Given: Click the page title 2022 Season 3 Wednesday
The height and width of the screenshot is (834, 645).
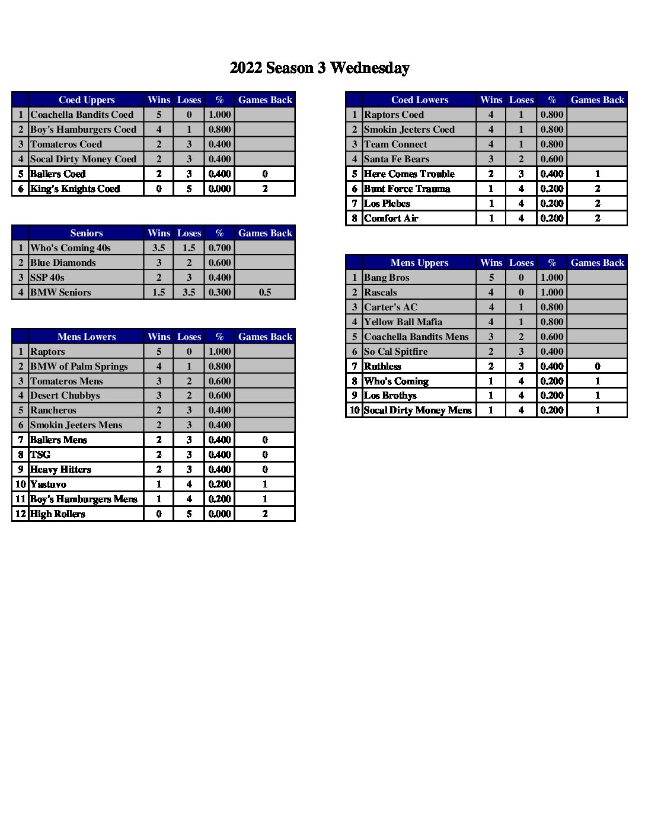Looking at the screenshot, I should coord(320,68).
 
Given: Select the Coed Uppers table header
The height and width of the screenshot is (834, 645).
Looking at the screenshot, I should coord(87,100).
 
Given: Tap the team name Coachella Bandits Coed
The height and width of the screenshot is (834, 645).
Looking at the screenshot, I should coord(82,114).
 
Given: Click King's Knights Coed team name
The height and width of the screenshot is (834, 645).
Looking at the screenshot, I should coord(75,188).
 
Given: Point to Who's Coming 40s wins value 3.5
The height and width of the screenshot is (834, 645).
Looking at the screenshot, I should coord(159,248).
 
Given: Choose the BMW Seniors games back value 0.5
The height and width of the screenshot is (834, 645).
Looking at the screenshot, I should coord(265,292).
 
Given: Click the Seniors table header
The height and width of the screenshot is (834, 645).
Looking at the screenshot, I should coord(87,233).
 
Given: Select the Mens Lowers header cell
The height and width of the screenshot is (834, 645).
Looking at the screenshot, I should coord(87,336).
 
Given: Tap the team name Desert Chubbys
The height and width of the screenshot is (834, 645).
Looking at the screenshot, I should coord(65,395).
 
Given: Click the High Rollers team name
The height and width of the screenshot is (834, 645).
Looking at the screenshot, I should coord(58,514).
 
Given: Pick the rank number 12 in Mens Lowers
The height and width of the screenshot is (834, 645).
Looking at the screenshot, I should coord(21,514).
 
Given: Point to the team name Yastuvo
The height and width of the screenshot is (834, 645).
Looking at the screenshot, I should coord(48,484).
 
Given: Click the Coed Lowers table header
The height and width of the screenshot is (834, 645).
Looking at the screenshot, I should coord(420,100).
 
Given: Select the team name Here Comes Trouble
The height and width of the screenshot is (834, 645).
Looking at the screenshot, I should coord(409,174).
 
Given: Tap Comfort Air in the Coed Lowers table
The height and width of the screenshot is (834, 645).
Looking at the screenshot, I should coord(391,218).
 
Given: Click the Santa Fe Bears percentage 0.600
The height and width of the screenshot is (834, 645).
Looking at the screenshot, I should coord(552,159).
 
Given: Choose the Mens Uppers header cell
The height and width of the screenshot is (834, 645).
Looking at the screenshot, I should coord(420,262).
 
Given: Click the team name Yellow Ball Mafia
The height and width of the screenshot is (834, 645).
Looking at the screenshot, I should coord(403,322).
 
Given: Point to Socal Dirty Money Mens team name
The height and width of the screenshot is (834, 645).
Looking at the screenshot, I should coord(418,410).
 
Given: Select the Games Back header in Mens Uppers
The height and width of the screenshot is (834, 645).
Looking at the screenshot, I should coord(598,262).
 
